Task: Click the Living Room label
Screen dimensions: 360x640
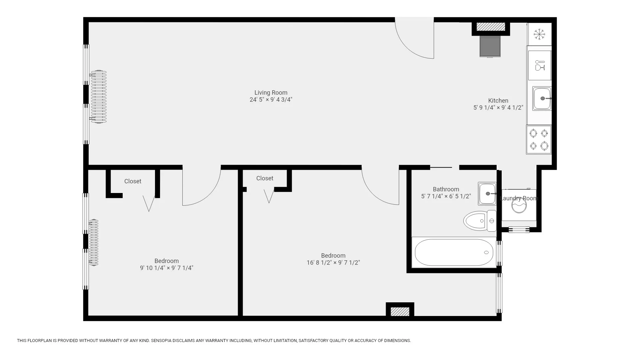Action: [x=271, y=93]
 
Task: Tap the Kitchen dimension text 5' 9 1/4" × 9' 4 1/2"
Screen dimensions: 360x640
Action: [x=498, y=108]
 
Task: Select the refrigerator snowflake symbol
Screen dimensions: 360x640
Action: [x=539, y=34]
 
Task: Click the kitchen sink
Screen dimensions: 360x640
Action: [x=541, y=98]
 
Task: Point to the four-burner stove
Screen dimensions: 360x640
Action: [x=539, y=139]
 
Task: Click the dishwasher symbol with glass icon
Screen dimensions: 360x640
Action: [x=539, y=65]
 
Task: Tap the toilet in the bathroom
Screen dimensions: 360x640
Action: [x=479, y=221]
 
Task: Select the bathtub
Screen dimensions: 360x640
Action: [x=454, y=252]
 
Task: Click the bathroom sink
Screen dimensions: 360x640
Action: [x=487, y=193]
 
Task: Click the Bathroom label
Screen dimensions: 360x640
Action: [x=446, y=189]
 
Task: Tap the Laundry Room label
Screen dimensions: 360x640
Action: [x=519, y=198]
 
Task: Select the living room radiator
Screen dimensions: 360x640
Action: [x=99, y=97]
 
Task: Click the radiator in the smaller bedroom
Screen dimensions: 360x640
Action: [x=94, y=242]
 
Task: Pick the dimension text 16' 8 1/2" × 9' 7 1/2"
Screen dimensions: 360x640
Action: [x=333, y=263]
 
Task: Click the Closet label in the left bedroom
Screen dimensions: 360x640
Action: [x=133, y=181]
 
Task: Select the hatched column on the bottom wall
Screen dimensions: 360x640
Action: [x=400, y=311]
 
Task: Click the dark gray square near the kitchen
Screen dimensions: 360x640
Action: [x=490, y=47]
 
